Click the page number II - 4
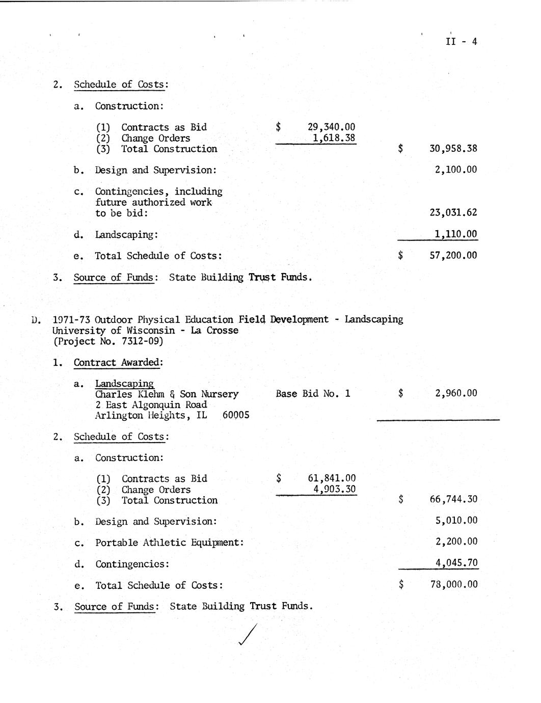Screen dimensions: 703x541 pyautogui.click(x=461, y=42)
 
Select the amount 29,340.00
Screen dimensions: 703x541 pyautogui.click(x=332, y=127)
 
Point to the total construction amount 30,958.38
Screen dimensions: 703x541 pyautogui.click(x=453, y=149)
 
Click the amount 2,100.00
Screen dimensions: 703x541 pyautogui.click(x=456, y=170)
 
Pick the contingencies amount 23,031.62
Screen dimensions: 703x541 pyautogui.click(x=453, y=213)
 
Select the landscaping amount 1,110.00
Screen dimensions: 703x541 pyautogui.click(x=456, y=234)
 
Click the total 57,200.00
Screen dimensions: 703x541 pyautogui.click(x=453, y=256)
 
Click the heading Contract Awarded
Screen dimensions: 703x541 pyautogui.click(x=118, y=363)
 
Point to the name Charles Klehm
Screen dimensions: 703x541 pyautogui.click(x=125, y=394)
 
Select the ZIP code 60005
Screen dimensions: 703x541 pyautogui.click(x=236, y=415)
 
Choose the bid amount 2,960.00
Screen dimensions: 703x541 pyautogui.click(x=456, y=393)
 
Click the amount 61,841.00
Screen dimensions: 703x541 pyautogui.click(x=332, y=478)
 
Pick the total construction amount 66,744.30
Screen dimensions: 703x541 pyautogui.click(x=453, y=499)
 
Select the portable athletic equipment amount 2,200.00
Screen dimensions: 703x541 pyautogui.click(x=456, y=542)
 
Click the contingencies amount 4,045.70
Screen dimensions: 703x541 pyautogui.click(x=456, y=563)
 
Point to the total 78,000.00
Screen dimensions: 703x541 pyautogui.click(x=454, y=584)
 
